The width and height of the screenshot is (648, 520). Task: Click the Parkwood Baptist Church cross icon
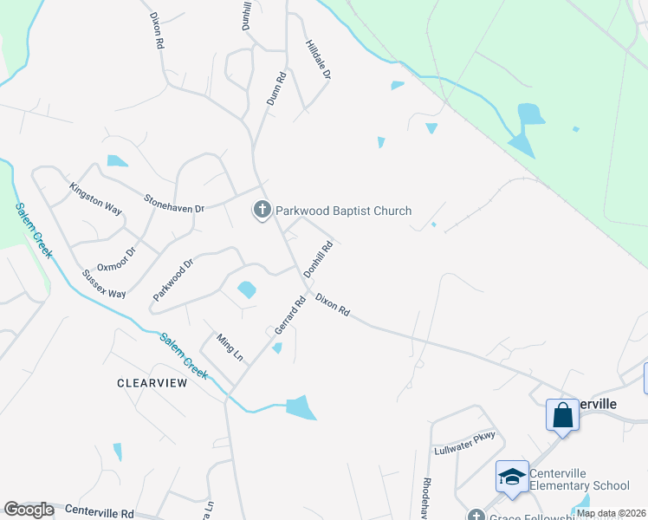[262, 210]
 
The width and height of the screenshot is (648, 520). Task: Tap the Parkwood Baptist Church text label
[343, 211]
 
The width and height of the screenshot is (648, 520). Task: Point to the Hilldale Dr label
[319, 60]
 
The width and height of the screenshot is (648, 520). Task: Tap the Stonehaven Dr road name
[173, 203]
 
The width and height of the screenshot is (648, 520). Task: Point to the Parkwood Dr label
[171, 278]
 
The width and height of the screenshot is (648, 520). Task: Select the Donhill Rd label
[318, 259]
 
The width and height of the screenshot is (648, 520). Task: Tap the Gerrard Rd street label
[290, 316]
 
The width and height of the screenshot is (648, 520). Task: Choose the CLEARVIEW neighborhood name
[152, 382]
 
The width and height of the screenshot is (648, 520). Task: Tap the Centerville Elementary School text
[579, 479]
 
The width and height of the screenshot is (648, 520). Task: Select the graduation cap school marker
[512, 477]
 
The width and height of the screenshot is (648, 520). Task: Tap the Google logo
[28, 510]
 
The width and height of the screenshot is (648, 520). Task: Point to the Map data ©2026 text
[610, 513]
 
